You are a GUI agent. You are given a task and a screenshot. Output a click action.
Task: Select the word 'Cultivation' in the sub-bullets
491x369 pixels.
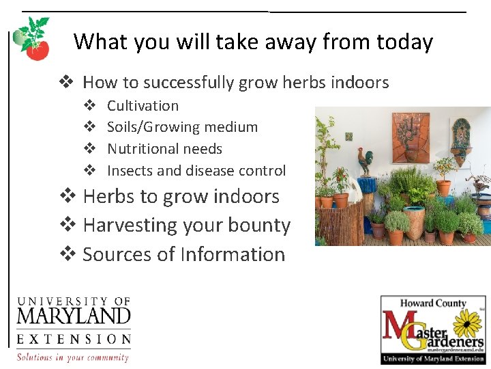coord(143,106)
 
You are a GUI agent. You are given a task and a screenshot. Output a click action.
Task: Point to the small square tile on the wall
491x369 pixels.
coord(349,137)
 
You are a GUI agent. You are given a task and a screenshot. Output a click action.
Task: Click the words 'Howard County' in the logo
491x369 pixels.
coord(433,303)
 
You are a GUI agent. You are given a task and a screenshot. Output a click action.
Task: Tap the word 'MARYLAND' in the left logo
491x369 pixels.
coord(73,316)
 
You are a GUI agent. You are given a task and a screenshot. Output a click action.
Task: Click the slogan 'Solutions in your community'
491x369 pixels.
coord(73,357)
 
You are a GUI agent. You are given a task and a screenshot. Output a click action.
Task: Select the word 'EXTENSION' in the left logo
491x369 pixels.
coord(73,339)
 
